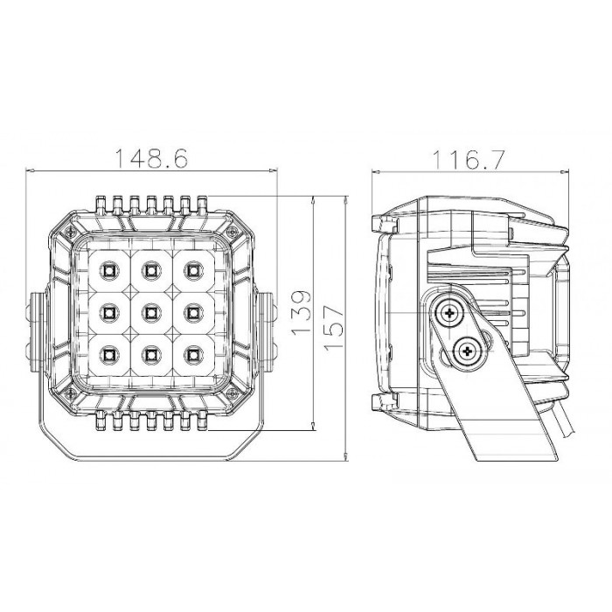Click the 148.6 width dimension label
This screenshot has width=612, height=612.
152,157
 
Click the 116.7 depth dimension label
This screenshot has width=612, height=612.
469,159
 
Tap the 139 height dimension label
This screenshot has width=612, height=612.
302,312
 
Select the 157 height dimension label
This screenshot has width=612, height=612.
333,327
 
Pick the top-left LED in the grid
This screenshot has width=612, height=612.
109,269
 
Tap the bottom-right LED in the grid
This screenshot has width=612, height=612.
192,354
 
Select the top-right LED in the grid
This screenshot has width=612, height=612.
192,269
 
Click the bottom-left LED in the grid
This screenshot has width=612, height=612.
109,354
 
